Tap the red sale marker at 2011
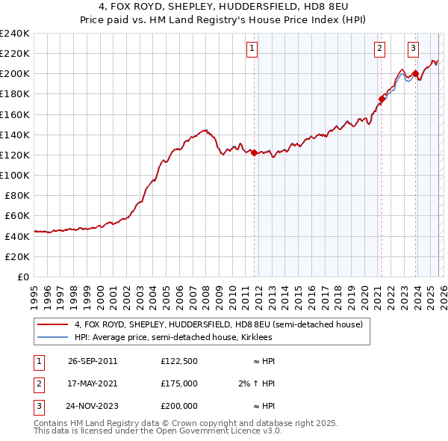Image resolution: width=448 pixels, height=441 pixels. [255, 152]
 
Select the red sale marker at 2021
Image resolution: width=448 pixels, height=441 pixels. [382, 98]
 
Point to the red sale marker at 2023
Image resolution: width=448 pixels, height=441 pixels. [415, 73]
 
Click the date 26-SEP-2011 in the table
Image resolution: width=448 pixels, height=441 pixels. [93, 361]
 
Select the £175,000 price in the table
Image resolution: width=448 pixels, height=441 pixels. [179, 383]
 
